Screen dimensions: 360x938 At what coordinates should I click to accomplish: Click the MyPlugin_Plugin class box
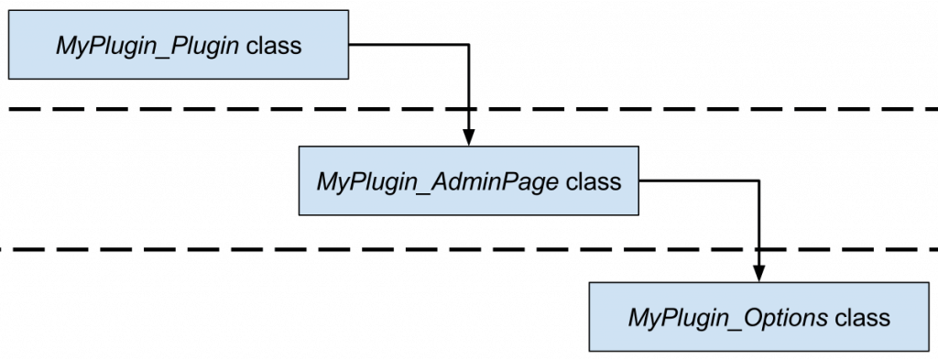(179, 44)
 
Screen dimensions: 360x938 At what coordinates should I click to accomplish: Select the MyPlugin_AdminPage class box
(468, 181)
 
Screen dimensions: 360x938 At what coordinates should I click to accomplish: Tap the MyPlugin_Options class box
(758, 317)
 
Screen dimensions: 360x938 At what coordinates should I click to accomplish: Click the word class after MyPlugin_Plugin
(274, 45)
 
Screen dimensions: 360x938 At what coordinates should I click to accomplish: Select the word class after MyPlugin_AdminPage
(594, 181)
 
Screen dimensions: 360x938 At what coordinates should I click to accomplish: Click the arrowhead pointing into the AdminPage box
(468, 137)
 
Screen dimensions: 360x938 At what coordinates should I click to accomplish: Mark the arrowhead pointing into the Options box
(758, 274)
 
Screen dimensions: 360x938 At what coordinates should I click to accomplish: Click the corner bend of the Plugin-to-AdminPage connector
(468, 43)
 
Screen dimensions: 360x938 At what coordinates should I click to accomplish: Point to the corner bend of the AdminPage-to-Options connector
(758, 180)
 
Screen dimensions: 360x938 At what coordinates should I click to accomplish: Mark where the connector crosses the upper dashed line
(468, 110)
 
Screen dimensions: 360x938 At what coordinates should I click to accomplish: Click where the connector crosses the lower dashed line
(758, 248)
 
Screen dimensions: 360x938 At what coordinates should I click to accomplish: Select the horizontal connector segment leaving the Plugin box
(408, 43)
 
